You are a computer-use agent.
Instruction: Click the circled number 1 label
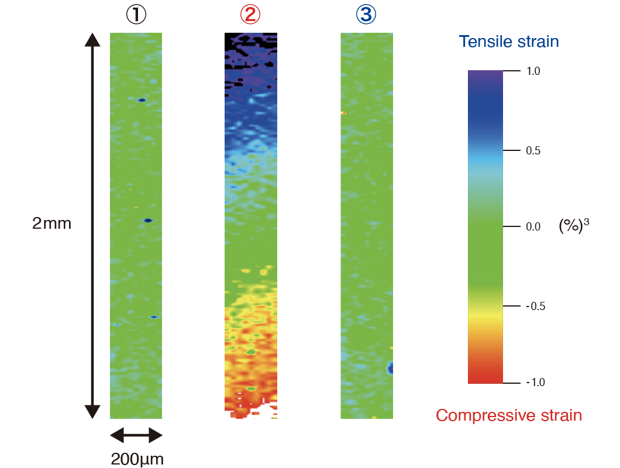click(x=136, y=15)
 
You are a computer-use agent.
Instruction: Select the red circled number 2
click(x=250, y=15)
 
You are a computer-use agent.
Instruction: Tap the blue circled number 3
click(x=366, y=15)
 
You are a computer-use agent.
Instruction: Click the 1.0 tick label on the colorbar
click(x=533, y=71)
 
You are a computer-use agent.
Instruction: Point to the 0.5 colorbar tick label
click(x=533, y=151)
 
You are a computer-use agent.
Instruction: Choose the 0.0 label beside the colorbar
click(x=533, y=227)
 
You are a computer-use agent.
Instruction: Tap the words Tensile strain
click(x=509, y=42)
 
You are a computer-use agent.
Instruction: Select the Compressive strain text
click(x=509, y=415)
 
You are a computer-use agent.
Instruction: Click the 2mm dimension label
click(x=51, y=223)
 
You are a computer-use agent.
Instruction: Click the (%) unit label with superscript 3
click(x=573, y=226)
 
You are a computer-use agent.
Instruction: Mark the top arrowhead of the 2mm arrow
click(x=92, y=40)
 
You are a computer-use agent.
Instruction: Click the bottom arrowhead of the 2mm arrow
click(x=92, y=412)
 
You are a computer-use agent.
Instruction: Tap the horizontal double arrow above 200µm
click(x=136, y=435)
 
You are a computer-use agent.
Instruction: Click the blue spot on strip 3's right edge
click(x=390, y=368)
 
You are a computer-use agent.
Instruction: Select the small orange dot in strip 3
click(x=343, y=113)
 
